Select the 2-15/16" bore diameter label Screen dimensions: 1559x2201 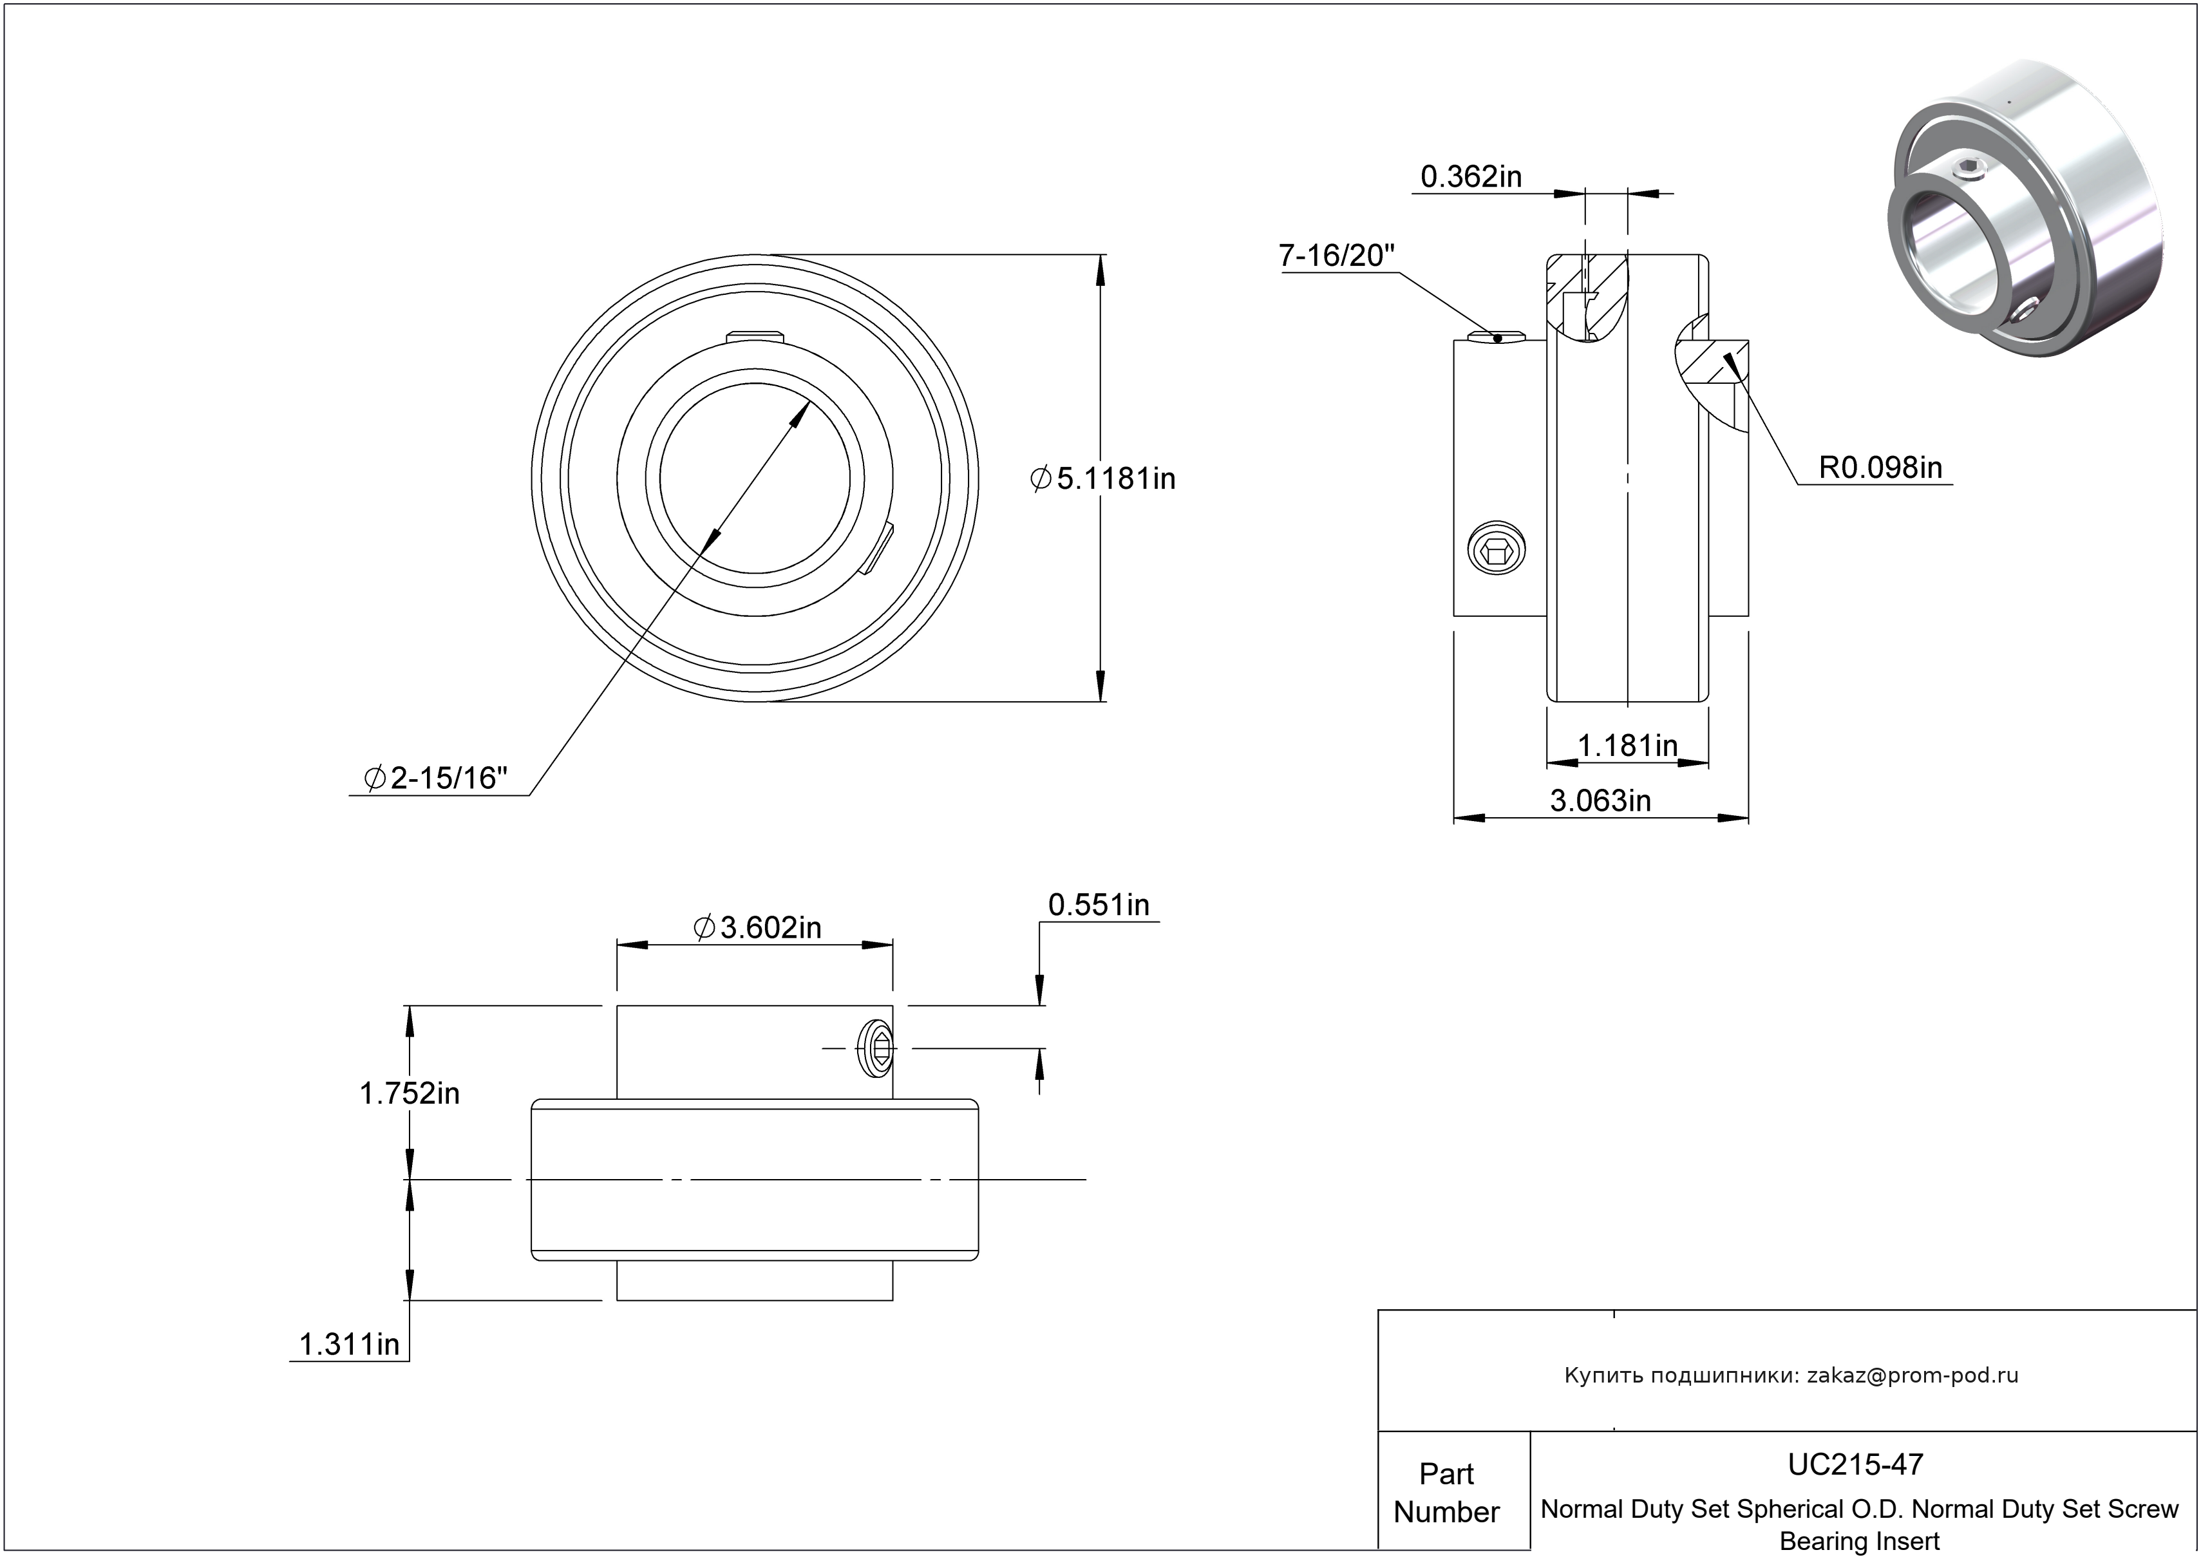click(x=436, y=778)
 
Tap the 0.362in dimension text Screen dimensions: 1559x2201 click(x=1471, y=176)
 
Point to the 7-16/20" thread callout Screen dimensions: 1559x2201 click(x=1336, y=256)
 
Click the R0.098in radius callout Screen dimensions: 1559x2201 click(x=1880, y=468)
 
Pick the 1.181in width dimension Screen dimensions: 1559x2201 click(x=1628, y=745)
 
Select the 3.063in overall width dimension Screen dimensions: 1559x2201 click(x=1600, y=800)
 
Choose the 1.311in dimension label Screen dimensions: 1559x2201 click(x=350, y=1344)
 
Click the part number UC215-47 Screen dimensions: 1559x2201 click(x=1855, y=1463)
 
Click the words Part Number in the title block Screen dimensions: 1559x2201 click(x=1446, y=1492)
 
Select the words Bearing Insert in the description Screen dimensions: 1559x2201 click(x=1859, y=1541)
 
